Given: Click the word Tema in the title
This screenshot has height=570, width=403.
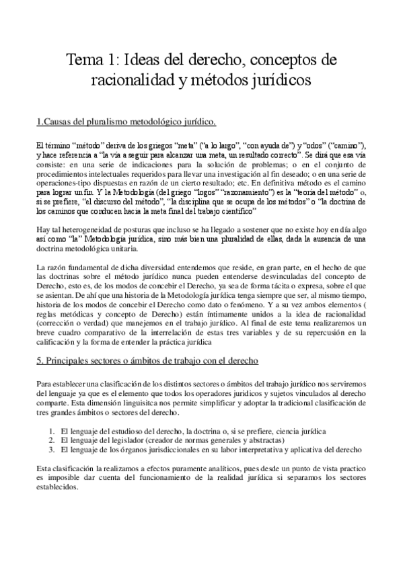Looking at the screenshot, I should tap(85, 61).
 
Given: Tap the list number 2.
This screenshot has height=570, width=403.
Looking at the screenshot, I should tap(52, 440).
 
